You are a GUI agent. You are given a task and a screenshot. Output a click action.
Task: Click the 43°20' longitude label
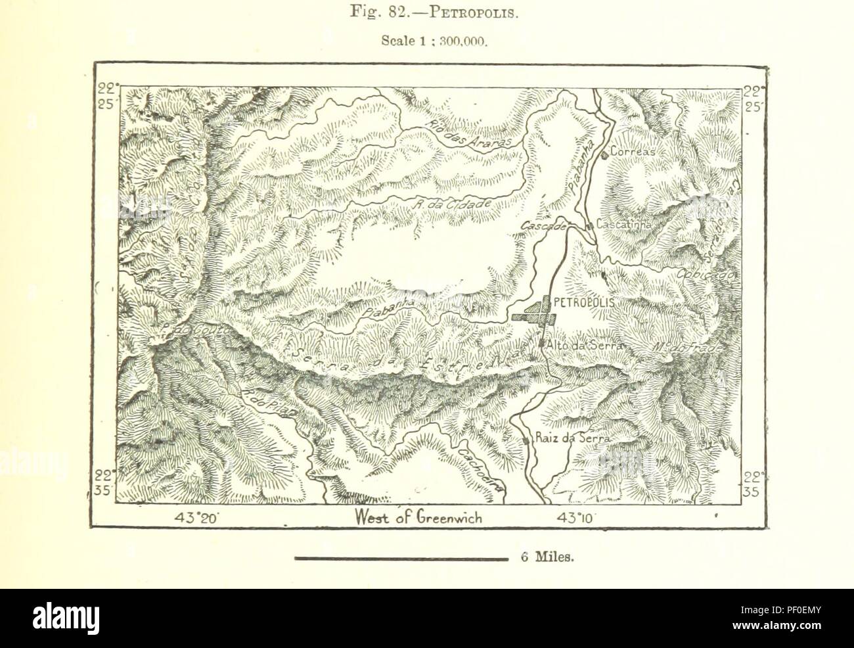point(195,518)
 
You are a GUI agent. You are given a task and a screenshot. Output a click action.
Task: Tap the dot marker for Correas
point(604,156)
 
